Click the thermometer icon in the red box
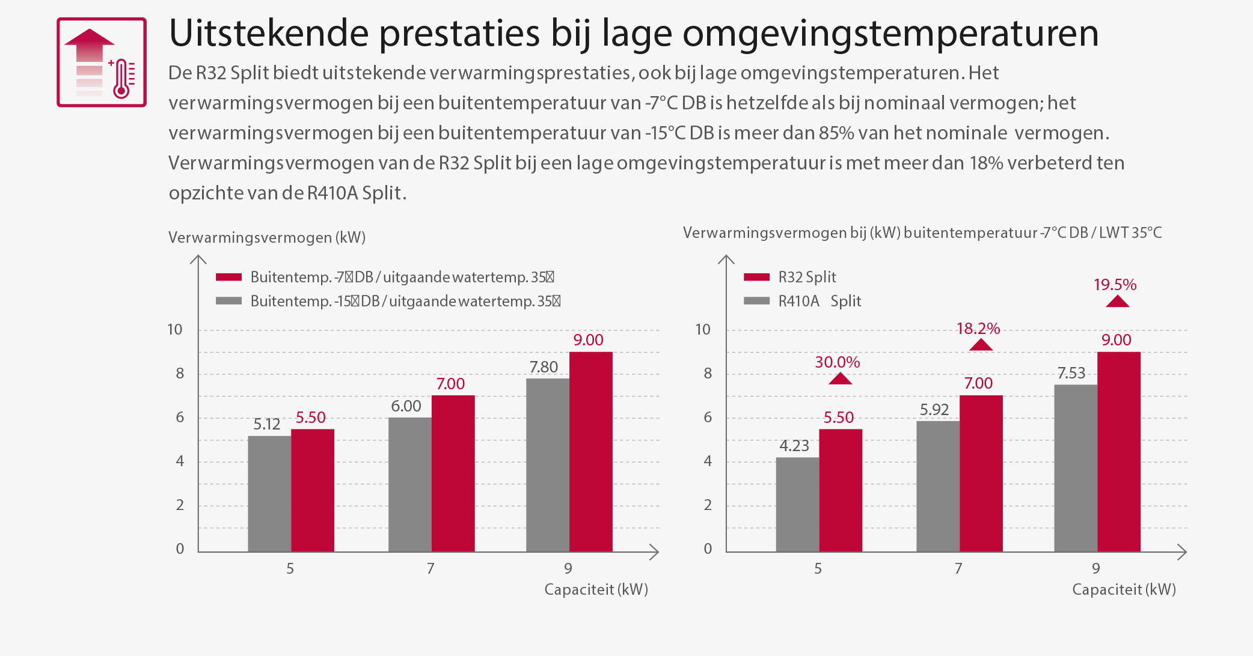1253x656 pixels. (x=123, y=78)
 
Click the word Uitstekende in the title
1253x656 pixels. (x=268, y=33)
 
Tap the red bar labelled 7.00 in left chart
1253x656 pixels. (x=453, y=473)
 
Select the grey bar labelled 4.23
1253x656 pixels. (x=797, y=504)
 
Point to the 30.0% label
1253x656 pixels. (x=837, y=362)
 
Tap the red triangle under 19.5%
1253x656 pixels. (x=1117, y=301)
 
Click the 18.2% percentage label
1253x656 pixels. (x=978, y=329)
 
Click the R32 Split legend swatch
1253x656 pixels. (x=756, y=277)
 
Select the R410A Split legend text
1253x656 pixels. (x=820, y=301)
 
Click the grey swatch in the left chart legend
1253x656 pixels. (x=228, y=301)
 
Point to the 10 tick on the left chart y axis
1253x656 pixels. (x=174, y=329)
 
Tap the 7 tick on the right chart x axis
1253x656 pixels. (x=958, y=568)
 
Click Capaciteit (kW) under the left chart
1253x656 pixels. (x=596, y=589)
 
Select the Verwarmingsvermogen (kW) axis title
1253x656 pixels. (x=267, y=237)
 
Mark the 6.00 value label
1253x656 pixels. (x=406, y=406)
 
